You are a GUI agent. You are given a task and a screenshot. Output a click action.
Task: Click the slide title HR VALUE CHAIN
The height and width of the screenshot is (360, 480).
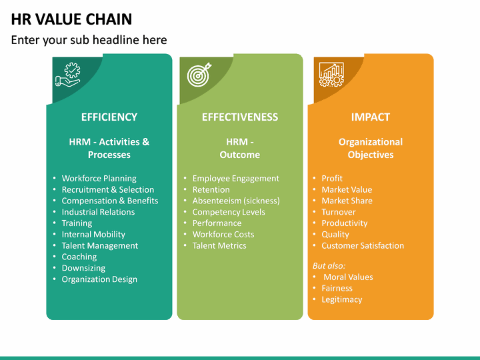pyautogui.click(x=71, y=19)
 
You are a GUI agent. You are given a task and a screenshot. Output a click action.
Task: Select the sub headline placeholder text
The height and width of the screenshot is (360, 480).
pyautogui.click(x=89, y=40)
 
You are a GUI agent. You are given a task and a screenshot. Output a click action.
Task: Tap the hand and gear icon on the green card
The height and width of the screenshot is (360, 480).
pyautogui.click(x=67, y=75)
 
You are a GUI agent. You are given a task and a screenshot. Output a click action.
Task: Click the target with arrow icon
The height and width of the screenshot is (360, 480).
pyautogui.click(x=198, y=75)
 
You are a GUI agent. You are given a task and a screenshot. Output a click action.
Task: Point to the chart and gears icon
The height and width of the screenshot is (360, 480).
pyautogui.click(x=331, y=75)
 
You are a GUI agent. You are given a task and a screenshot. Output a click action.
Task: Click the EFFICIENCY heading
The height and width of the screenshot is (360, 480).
pyautogui.click(x=109, y=117)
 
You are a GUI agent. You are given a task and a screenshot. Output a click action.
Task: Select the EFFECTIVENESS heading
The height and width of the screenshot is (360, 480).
pyautogui.click(x=239, y=117)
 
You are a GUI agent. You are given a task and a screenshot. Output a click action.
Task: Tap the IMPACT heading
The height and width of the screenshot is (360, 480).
pyautogui.click(x=370, y=117)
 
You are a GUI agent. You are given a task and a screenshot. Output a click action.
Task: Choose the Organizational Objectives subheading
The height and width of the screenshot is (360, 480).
pyautogui.click(x=370, y=148)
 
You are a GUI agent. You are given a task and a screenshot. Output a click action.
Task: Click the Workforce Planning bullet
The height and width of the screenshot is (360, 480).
pyautogui.click(x=99, y=179)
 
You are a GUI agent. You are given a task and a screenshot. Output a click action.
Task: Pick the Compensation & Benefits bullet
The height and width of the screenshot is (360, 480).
pyautogui.click(x=110, y=201)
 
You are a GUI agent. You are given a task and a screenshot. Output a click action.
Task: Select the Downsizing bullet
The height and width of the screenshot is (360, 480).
pyautogui.click(x=84, y=268)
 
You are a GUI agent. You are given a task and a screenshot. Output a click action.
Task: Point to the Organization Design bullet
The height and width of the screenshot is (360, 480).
pyautogui.click(x=99, y=279)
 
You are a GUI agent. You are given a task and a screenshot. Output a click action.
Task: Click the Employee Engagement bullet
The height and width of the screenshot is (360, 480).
pyautogui.click(x=235, y=179)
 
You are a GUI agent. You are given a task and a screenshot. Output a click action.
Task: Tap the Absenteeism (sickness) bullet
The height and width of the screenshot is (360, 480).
pyautogui.click(x=235, y=201)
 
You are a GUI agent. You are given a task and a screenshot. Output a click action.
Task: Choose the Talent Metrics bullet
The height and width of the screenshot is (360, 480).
pyautogui.click(x=219, y=245)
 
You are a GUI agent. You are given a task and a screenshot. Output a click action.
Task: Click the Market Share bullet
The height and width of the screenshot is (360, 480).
pyautogui.click(x=347, y=201)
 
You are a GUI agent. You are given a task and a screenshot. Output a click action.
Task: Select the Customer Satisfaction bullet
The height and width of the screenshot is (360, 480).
pyautogui.click(x=363, y=245)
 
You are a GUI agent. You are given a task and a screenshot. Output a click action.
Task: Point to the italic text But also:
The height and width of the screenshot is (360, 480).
pyautogui.click(x=329, y=265)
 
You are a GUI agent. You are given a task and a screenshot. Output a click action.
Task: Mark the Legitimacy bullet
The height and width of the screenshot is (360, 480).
pyautogui.click(x=341, y=299)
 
